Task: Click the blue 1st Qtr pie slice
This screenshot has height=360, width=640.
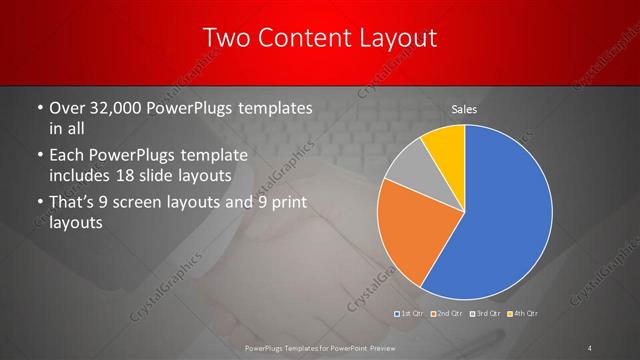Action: [505, 215]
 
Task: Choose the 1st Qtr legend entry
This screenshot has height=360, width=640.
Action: [409, 314]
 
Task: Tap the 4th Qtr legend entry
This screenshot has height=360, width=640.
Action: [522, 314]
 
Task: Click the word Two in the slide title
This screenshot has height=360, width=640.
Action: [227, 39]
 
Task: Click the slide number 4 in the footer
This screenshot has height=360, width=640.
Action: [589, 347]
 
